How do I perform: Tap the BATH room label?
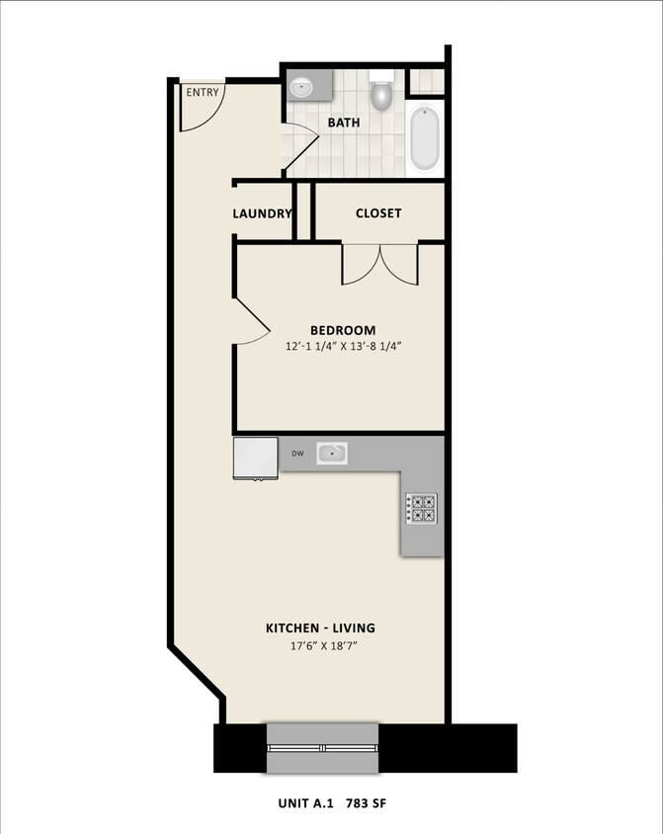point(344,123)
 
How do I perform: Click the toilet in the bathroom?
point(381,95)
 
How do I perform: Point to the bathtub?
point(425,138)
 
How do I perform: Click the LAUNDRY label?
point(262,213)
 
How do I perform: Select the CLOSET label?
point(378,212)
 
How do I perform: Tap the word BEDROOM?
point(343,330)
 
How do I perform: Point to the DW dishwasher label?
point(296,455)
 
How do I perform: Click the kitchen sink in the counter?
point(332,454)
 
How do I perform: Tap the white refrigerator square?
point(256,458)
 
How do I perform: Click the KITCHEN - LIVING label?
point(320,627)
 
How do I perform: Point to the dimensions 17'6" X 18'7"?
point(320,646)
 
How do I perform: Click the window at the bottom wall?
point(323,748)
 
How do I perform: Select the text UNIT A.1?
point(308,804)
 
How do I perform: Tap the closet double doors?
point(380,264)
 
